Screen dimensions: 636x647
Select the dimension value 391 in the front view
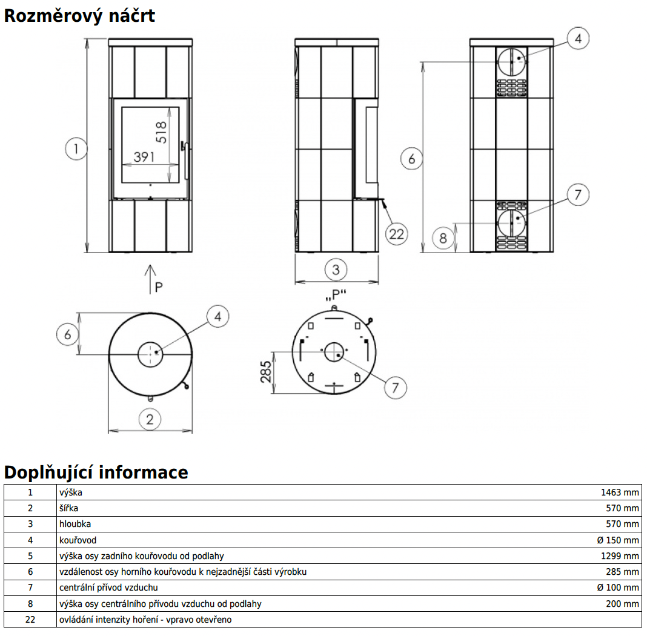tap(144, 157)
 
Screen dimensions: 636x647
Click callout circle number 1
tap(76, 148)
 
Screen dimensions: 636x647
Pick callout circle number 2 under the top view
tap(150, 418)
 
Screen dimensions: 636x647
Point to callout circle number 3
tap(336, 269)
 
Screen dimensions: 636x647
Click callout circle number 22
tap(396, 233)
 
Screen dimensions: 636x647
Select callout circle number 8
tap(443, 238)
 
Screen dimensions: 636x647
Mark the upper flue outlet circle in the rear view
tap(512, 61)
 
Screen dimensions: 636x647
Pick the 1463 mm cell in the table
tap(620, 492)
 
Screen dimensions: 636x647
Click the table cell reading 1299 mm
tap(620, 555)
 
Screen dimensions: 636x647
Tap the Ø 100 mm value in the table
tap(618, 587)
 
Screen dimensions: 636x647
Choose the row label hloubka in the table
tap(75, 524)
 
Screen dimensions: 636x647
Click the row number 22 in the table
tap(30, 620)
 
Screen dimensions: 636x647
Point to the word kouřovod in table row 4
tap(78, 540)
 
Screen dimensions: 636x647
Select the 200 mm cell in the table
tap(622, 603)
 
